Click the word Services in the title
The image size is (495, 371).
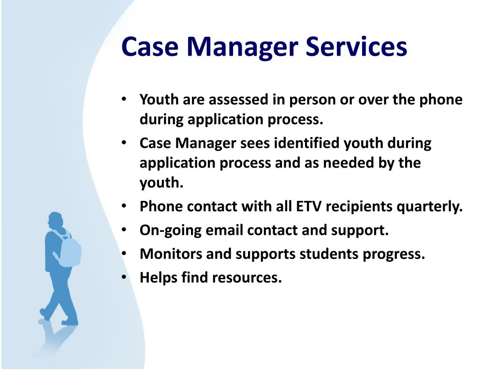pos(356,46)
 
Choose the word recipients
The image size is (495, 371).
pos(359,207)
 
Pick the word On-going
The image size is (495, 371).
pos(171,230)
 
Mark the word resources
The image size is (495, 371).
pos(247,278)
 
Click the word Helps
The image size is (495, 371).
pos(159,278)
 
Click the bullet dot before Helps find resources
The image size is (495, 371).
pos(124,277)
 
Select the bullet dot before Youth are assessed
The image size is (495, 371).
pos(124,99)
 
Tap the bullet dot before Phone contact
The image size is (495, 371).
pos(124,206)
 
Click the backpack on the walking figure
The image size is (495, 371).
pos(69,250)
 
